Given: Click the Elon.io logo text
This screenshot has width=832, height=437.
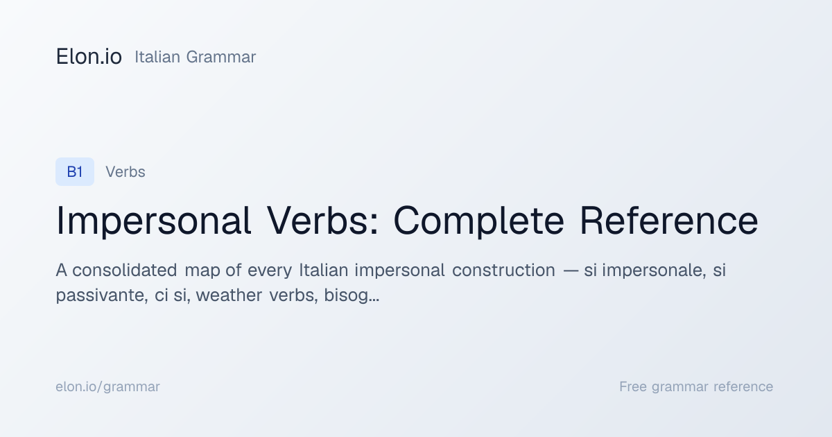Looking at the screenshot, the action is [x=89, y=56].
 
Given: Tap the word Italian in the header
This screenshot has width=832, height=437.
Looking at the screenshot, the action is [x=157, y=57].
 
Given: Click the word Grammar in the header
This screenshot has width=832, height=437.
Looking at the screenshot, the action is [x=221, y=57].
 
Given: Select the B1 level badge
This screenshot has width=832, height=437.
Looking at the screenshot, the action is [x=75, y=172].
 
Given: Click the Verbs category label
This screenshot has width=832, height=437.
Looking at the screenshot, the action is [x=125, y=172].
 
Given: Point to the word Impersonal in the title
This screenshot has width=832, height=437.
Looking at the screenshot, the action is [x=153, y=221].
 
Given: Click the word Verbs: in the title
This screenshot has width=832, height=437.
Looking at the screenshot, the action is [x=323, y=220].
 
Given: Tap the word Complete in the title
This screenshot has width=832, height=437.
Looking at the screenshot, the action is [x=479, y=221].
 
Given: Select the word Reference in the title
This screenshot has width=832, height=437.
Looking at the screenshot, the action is [x=669, y=220].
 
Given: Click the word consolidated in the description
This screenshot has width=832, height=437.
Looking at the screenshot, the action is [x=124, y=270].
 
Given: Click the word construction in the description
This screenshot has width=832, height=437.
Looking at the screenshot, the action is [x=503, y=270].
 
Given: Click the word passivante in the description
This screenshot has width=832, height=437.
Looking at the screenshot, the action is [x=102, y=295].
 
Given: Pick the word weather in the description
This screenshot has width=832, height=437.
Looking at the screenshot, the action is [x=229, y=295].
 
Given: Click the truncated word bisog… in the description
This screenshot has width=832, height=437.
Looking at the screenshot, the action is [x=352, y=295].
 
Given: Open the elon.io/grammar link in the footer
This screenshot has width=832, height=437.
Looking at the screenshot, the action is [x=107, y=387].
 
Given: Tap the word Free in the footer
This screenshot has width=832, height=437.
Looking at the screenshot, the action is [x=633, y=386].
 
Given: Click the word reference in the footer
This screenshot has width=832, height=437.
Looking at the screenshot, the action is [x=743, y=386].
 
